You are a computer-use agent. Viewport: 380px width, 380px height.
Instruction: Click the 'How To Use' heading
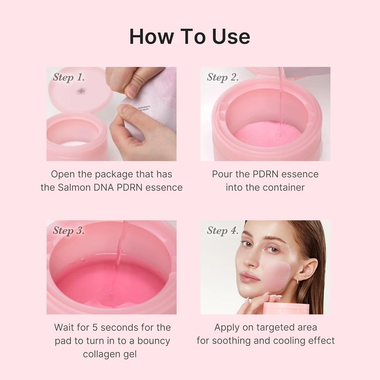pyautogui.click(x=190, y=37)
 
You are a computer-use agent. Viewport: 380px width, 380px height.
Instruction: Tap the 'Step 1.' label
pyautogui.click(x=69, y=77)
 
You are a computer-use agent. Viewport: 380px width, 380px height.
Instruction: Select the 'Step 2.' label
pyautogui.click(x=222, y=77)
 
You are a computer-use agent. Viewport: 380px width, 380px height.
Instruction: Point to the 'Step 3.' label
pyautogui.click(x=69, y=230)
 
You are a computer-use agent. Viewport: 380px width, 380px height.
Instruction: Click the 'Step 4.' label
pyautogui.click(x=222, y=230)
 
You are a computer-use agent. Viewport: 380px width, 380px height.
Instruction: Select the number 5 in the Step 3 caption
pyautogui.click(x=95, y=328)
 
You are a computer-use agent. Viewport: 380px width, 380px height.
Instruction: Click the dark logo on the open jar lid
pyautogui.click(x=81, y=91)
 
